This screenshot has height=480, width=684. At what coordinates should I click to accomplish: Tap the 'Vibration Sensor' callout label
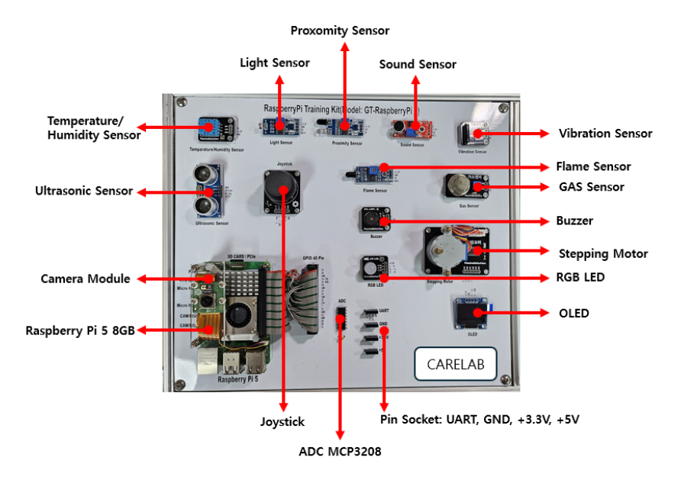coord(605,134)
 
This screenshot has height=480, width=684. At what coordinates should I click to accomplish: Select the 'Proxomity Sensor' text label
coord(340,31)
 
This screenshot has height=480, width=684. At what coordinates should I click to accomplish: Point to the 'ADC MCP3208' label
coord(340,452)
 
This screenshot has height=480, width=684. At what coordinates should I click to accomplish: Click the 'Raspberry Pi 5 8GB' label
coord(80,331)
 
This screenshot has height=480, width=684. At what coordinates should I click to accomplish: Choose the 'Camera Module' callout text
coord(85,279)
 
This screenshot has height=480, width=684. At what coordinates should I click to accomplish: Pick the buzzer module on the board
coord(376,221)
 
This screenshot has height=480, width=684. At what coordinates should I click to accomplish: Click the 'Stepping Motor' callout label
coord(603,253)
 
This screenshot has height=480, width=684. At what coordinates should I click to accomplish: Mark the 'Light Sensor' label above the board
coord(275,63)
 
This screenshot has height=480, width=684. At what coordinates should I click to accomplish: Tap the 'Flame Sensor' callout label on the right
coord(593,166)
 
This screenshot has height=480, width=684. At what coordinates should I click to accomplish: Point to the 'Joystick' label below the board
coord(282,421)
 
